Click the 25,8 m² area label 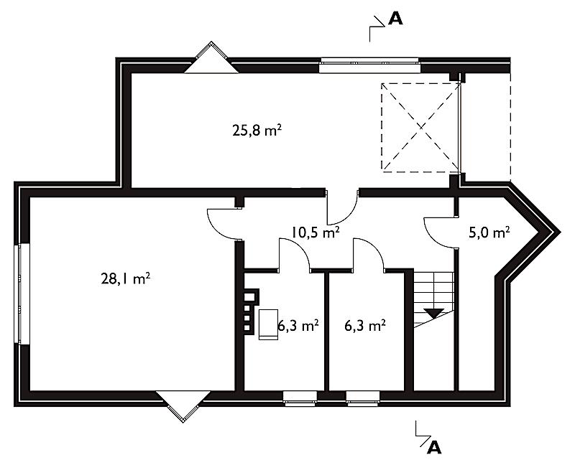[257, 130]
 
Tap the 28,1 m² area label [125, 279]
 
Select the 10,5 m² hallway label [315, 232]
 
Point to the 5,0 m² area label [489, 232]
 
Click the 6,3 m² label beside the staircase [365, 326]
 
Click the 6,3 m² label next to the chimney [298, 326]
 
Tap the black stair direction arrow [434, 313]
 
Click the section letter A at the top [395, 19]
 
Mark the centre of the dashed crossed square [420, 127]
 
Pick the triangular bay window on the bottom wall [183, 406]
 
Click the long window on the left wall [22, 294]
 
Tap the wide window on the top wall [369, 65]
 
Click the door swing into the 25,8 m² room [343, 207]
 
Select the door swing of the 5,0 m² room [440, 233]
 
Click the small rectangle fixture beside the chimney [268, 324]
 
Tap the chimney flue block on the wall [251, 311]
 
